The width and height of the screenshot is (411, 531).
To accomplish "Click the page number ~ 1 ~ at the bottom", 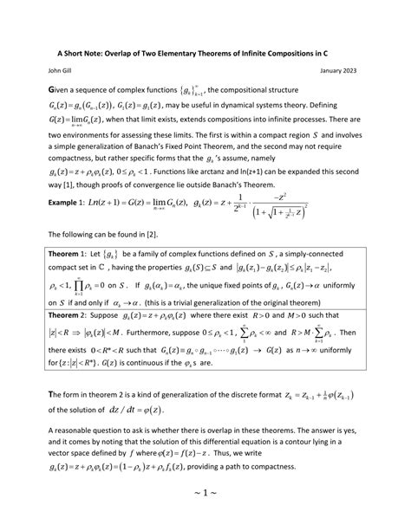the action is pos(205,514).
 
